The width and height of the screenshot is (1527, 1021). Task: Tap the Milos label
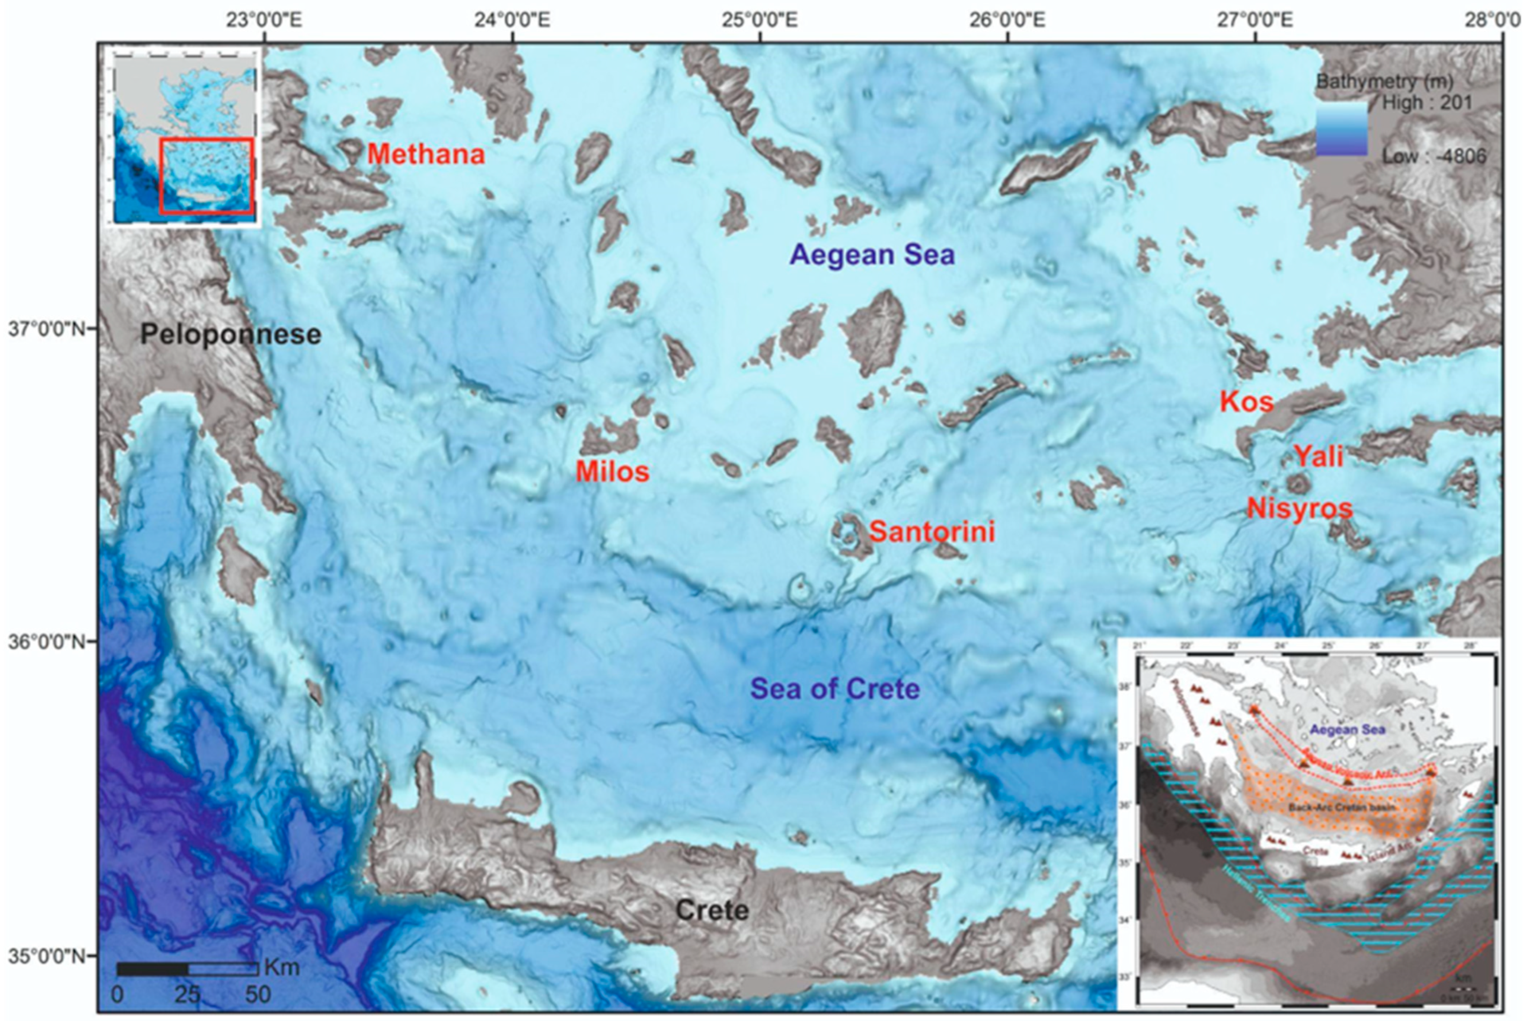[x=612, y=471]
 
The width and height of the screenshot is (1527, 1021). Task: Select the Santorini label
[x=932, y=532]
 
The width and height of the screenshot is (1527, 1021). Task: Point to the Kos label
[x=1246, y=402]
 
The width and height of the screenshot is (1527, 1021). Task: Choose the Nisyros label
[x=1300, y=509]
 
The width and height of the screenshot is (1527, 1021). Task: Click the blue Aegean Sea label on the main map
[x=872, y=254]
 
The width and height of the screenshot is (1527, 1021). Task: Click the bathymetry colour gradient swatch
[x=1342, y=130]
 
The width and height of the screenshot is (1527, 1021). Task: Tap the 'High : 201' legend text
[x=1427, y=103]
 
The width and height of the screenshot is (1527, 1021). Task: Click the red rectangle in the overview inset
[x=207, y=176]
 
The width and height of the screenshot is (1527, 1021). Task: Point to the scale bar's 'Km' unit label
[x=282, y=967]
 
